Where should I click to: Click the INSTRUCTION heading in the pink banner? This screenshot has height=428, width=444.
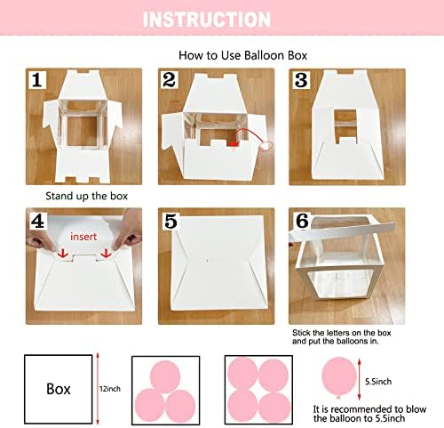click(x=207, y=20)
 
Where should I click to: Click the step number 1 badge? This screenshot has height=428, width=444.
click(x=37, y=80)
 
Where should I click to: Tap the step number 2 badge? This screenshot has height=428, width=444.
click(x=170, y=80)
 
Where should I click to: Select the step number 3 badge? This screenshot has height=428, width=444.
click(x=301, y=80)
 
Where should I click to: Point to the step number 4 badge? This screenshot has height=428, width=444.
click(x=38, y=221)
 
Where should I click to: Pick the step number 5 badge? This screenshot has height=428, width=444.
click(x=170, y=221)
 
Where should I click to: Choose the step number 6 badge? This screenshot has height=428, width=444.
click(x=302, y=221)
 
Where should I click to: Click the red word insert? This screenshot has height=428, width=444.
click(x=83, y=237)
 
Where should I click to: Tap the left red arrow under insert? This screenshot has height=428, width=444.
click(x=63, y=254)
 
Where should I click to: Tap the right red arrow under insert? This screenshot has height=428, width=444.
click(x=106, y=254)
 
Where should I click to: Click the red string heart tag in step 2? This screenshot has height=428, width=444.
click(x=265, y=146)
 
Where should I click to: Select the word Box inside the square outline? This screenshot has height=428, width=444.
click(x=59, y=389)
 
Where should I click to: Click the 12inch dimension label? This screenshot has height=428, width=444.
click(x=110, y=389)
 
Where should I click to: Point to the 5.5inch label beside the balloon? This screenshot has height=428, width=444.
click(x=378, y=382)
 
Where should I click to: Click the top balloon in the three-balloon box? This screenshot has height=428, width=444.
click(x=165, y=376)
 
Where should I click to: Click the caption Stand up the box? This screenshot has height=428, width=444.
click(x=86, y=196)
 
